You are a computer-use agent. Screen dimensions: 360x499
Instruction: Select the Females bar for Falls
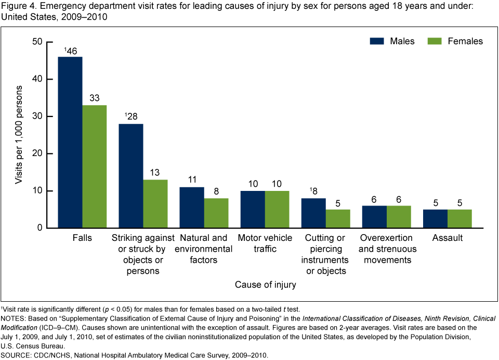tap(94, 166)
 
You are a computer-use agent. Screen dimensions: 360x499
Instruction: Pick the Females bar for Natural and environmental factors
tap(216, 213)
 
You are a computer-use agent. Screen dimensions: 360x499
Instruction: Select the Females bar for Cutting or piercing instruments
tap(338, 218)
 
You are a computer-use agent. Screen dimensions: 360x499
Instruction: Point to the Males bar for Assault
tap(435, 218)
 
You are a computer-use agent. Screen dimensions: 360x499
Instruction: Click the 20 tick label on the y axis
tap(37, 154)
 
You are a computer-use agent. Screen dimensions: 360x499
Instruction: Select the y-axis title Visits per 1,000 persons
tap(19, 135)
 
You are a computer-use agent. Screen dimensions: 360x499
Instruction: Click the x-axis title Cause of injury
tap(265, 285)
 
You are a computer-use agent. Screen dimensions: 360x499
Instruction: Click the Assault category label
tap(447, 238)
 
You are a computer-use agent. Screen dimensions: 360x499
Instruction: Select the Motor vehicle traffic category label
tap(265, 243)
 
